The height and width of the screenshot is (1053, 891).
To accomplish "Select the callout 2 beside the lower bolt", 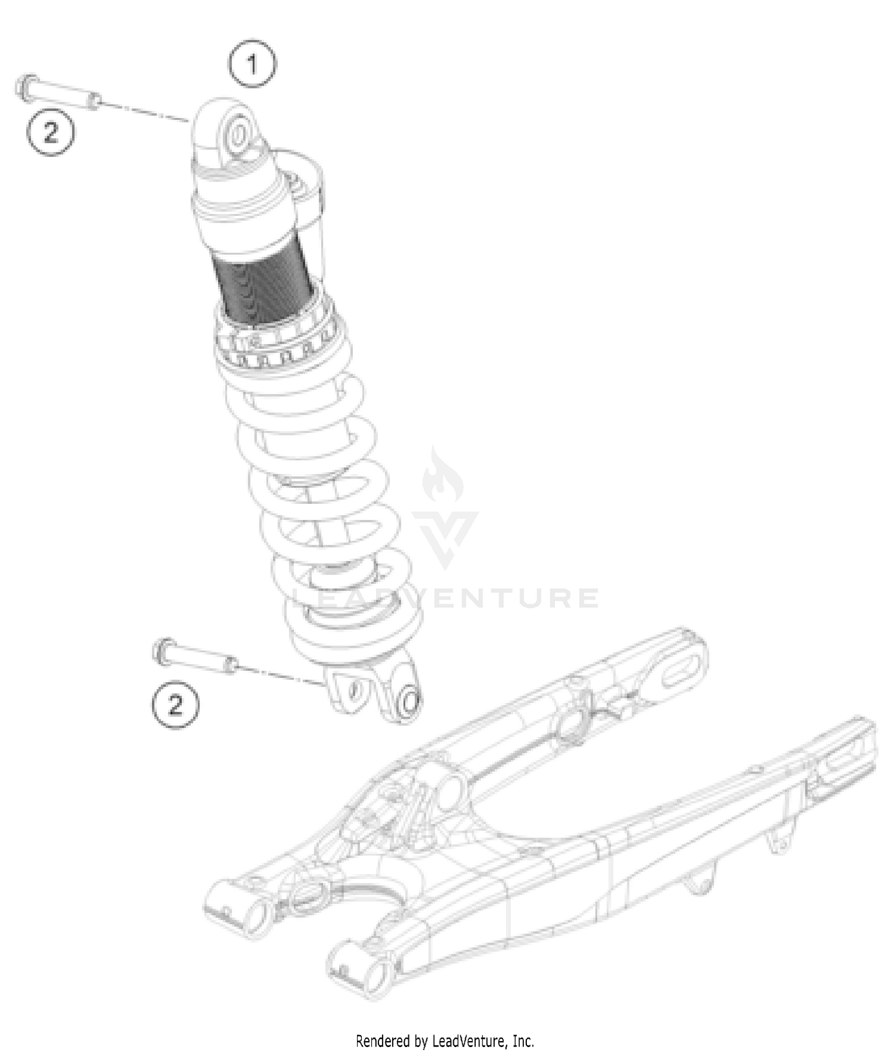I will pos(175,705).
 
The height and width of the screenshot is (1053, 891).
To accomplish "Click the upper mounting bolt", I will pos(56,93).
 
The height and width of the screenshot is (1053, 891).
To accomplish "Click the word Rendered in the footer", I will pos(383,1041).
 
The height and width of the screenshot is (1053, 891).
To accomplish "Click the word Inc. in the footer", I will pos(524,1041).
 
